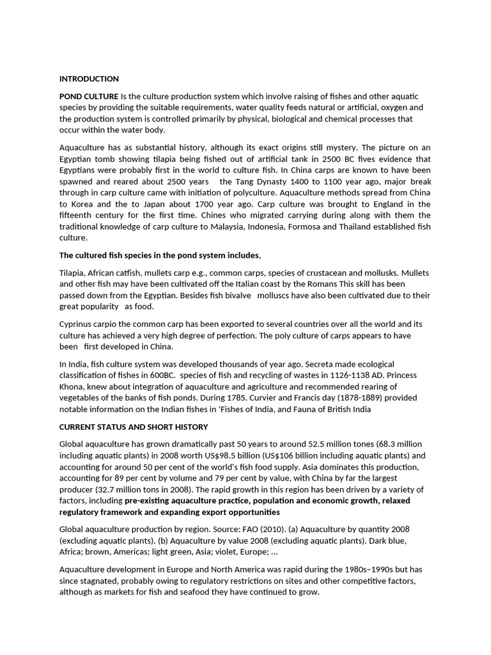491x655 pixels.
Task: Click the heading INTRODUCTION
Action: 89,79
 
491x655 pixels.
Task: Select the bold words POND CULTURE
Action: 89,96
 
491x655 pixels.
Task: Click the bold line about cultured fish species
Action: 160,255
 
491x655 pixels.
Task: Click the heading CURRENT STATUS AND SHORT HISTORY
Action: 133,427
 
